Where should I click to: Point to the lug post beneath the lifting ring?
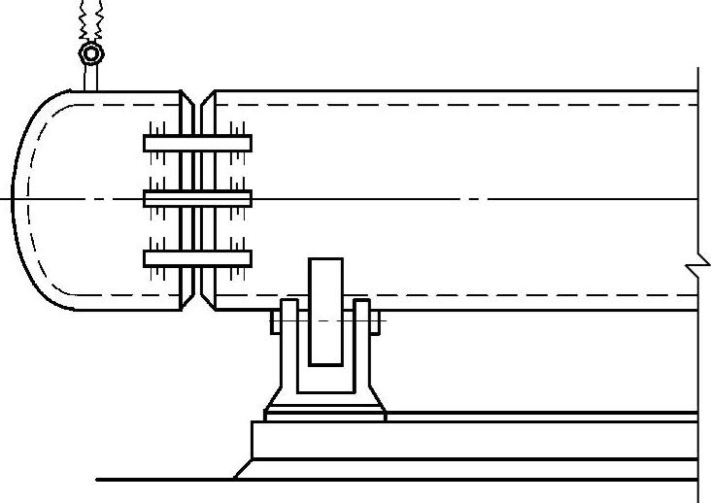pos(90,77)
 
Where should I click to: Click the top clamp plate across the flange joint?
pos(197,143)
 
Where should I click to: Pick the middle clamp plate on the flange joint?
pos(197,199)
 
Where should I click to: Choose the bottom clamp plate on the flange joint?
pos(197,258)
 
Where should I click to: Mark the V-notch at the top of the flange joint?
pos(197,100)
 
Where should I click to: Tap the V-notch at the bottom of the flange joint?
pos(197,302)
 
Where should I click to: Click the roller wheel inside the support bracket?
pos(325,311)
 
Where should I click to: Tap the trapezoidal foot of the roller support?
pos(325,398)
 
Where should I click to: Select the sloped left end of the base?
pos(244,469)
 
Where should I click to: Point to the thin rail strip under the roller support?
pos(486,417)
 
